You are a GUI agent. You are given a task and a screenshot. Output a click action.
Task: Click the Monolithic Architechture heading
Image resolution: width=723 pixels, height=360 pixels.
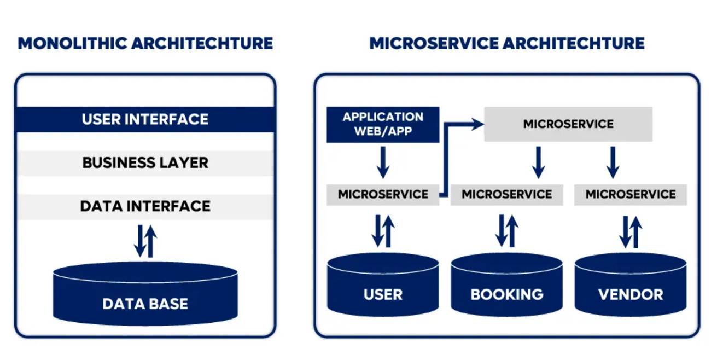(x=145, y=43)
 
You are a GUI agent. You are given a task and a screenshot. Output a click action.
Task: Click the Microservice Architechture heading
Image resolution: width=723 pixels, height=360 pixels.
(x=506, y=43)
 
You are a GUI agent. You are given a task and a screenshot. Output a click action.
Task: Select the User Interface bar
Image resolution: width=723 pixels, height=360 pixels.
(x=145, y=119)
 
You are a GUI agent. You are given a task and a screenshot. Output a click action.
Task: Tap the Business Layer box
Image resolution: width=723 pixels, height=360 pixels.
(x=145, y=163)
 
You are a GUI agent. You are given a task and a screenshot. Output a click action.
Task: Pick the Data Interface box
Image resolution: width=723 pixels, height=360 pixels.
(x=145, y=206)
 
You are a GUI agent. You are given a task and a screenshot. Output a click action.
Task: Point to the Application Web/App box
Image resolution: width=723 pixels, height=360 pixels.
(x=383, y=124)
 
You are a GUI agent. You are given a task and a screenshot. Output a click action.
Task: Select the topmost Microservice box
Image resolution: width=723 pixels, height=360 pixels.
(x=568, y=124)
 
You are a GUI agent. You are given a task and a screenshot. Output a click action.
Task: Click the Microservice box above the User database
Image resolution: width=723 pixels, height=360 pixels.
(x=383, y=194)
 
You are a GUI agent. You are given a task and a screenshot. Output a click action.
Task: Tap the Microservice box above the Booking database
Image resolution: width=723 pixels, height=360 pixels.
(x=506, y=194)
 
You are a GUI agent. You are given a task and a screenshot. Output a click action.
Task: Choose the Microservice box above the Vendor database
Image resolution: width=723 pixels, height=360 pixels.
(x=630, y=194)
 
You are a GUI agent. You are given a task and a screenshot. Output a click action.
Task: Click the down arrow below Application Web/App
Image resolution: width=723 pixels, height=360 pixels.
(x=383, y=162)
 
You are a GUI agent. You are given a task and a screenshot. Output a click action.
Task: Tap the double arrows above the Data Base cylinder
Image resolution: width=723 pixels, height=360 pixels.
(x=145, y=241)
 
